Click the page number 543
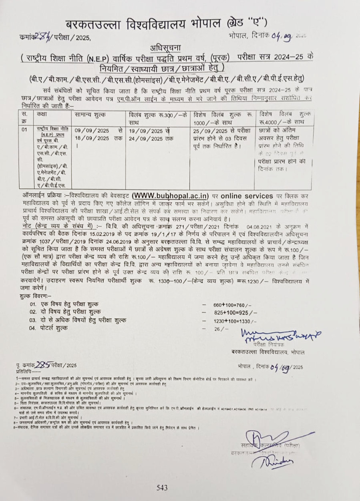pos(162,487)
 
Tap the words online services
pos(247,196)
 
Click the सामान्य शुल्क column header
pos(91,115)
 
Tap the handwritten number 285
pos(42,365)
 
